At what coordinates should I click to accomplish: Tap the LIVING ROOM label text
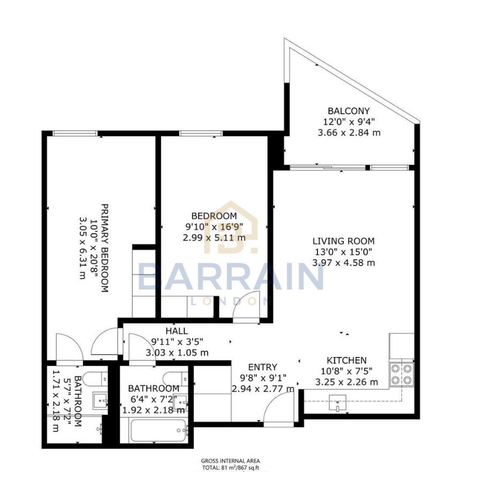[344, 241]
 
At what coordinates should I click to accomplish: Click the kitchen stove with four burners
[402, 374]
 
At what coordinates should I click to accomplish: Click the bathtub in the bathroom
[160, 430]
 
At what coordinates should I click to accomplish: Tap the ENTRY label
[263, 367]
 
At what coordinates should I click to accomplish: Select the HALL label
[176, 331]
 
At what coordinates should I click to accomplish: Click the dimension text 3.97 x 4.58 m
[344, 263]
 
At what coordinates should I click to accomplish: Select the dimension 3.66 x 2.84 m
[350, 132]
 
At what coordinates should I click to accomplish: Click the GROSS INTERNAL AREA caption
[231, 461]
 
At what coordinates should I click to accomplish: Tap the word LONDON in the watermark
[230, 301]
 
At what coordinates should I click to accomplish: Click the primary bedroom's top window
[75, 133]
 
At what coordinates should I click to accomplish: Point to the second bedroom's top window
[201, 133]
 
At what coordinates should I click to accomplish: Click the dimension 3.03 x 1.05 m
[177, 352]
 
